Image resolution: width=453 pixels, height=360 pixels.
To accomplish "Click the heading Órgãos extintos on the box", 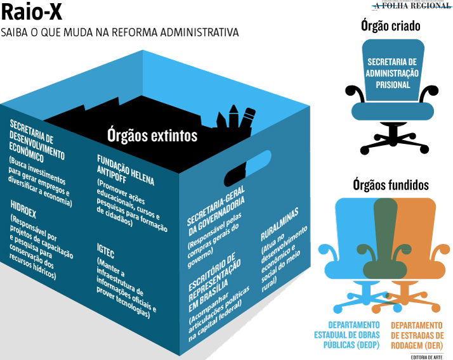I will point(152,135).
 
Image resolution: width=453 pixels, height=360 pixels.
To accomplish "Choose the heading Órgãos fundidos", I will point(390,186).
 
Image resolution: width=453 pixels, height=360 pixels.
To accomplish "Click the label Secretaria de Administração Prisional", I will point(393,73).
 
